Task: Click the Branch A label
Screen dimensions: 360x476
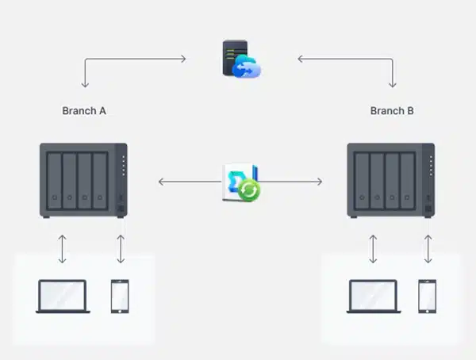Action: [x=84, y=111]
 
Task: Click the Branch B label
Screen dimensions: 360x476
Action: [x=392, y=111]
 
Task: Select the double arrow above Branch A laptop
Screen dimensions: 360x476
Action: [x=62, y=248]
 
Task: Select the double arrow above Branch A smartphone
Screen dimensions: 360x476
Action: [x=121, y=248]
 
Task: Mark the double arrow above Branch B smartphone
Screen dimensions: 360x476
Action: [x=428, y=248]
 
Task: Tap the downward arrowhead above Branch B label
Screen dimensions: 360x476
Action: [x=392, y=85]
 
